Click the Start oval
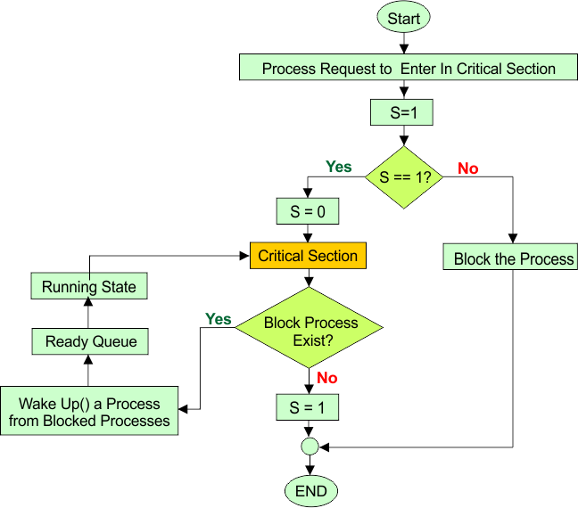click(404, 17)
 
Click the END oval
click(310, 490)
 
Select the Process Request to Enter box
click(409, 68)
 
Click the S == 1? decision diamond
click(405, 176)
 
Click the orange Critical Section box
click(308, 256)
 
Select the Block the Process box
click(514, 258)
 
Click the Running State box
click(89, 287)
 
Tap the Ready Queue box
click(90, 341)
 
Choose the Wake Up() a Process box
click(89, 411)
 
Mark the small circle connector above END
click(310, 445)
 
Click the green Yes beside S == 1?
click(338, 167)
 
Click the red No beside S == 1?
click(467, 168)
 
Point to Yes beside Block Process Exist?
click(218, 318)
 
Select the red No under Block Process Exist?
click(327, 378)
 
